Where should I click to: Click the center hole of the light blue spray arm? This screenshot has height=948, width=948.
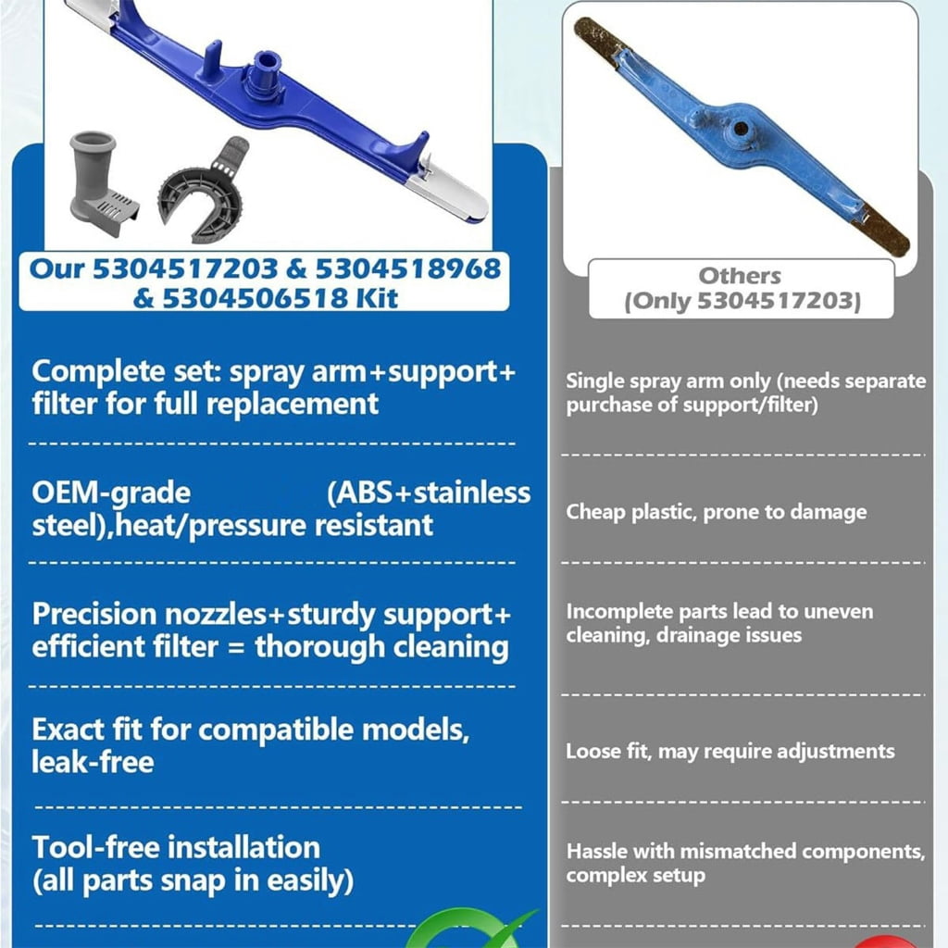coord(740,129)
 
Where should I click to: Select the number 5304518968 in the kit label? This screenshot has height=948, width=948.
coord(408,269)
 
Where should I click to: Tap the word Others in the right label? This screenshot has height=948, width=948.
coord(740,276)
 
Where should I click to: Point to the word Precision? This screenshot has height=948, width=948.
coord(94,615)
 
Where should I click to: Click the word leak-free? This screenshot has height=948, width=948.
coord(93,762)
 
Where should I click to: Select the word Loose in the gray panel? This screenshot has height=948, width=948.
coord(592,751)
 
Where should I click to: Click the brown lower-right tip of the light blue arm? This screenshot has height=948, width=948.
coord(879,230)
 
